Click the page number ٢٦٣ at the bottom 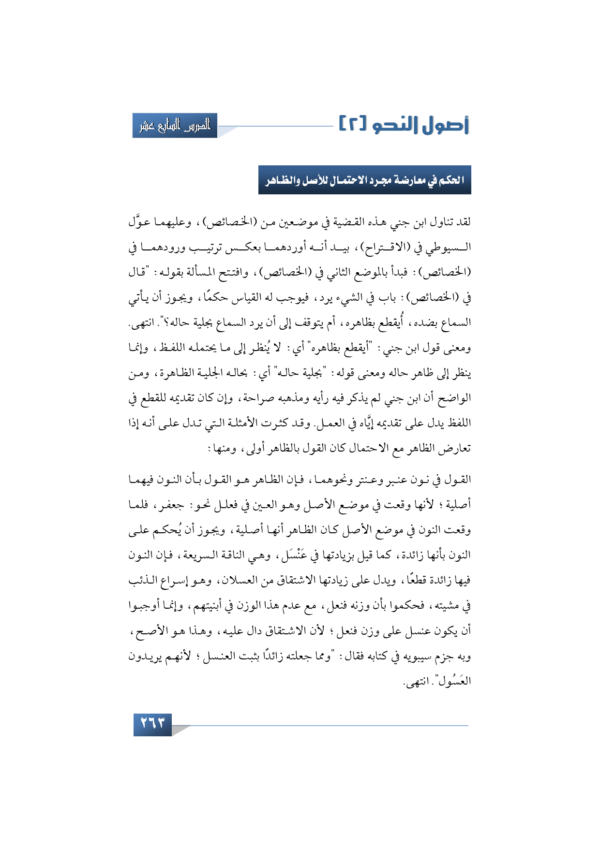pos(152,724)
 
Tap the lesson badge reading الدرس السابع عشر pos(175,126)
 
